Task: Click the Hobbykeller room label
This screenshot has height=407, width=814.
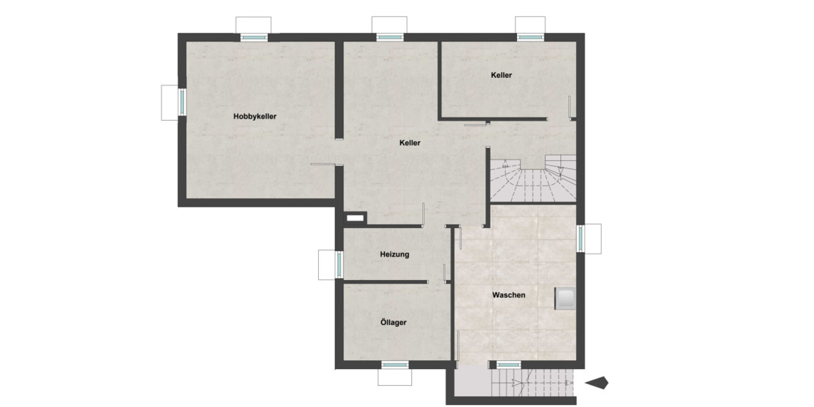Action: [254, 116]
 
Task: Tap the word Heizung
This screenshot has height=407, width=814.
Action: [393, 254]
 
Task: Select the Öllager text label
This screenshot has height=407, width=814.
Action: [393, 322]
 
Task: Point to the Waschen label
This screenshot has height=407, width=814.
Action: [509, 295]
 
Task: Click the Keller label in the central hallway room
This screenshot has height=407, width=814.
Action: [410, 143]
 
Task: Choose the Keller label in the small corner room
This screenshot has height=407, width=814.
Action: [501, 75]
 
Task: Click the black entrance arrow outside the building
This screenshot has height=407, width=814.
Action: [596, 383]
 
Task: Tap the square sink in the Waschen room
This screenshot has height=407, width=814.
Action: [565, 298]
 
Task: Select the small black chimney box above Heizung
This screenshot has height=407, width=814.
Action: [355, 218]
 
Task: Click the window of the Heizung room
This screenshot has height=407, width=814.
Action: [338, 264]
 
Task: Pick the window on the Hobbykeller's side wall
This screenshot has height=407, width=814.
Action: [181, 102]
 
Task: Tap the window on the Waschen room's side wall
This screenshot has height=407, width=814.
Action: [581, 239]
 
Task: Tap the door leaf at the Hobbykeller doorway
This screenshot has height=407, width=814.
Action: [323, 164]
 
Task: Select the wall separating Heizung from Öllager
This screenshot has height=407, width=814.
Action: [385, 281]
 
